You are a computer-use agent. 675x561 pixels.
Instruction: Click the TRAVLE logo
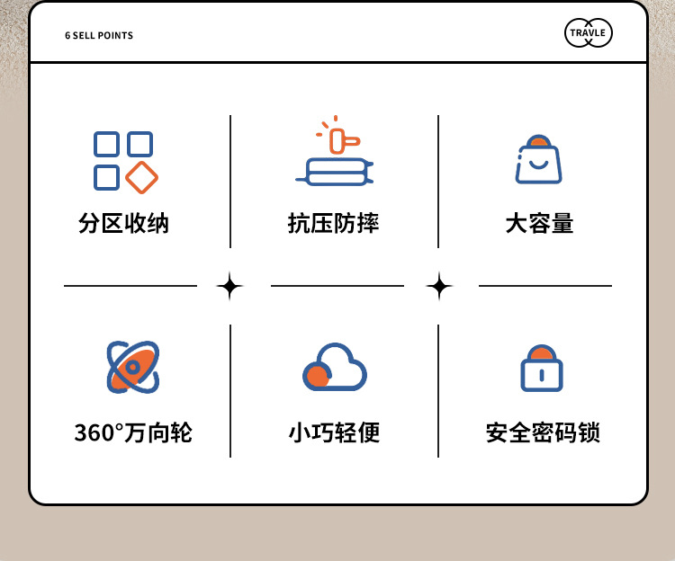pyautogui.click(x=589, y=34)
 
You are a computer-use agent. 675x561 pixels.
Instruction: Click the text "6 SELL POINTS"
pyautogui.click(x=99, y=36)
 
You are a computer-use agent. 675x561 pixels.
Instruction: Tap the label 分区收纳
pyautogui.click(x=124, y=224)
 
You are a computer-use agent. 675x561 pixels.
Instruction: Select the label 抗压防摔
pyautogui.click(x=334, y=224)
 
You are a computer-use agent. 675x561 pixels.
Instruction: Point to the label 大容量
pyautogui.click(x=539, y=224)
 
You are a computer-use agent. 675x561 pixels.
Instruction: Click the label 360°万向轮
pyautogui.click(x=133, y=433)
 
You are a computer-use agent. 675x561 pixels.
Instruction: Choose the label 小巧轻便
pyautogui.click(x=334, y=433)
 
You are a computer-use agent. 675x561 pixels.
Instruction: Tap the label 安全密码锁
pyautogui.click(x=543, y=433)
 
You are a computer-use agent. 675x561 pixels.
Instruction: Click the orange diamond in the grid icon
pyautogui.click(x=141, y=177)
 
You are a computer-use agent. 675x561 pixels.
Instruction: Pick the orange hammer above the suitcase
pyautogui.click(x=340, y=141)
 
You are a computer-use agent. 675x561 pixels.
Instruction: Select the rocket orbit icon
pyautogui.click(x=132, y=367)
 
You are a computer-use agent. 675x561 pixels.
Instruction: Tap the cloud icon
pyautogui.click(x=335, y=367)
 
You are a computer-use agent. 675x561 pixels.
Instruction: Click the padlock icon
pyautogui.click(x=542, y=369)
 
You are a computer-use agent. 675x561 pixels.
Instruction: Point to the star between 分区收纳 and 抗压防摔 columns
pyautogui.click(x=230, y=287)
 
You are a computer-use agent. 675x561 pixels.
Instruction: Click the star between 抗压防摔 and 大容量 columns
pyautogui.click(x=438, y=287)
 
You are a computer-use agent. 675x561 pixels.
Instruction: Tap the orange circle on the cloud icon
pyautogui.click(x=316, y=375)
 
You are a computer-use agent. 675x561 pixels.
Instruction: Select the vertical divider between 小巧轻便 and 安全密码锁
pyautogui.click(x=438, y=391)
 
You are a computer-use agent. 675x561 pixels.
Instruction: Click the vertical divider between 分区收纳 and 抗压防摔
pyautogui.click(x=230, y=182)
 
